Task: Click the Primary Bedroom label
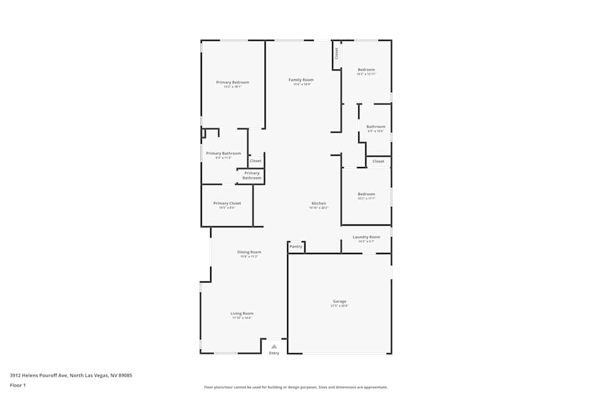(232, 82)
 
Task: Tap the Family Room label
(301, 80)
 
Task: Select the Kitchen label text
(318, 203)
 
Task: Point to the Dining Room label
(249, 252)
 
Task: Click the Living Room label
(242, 313)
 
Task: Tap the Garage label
(339, 301)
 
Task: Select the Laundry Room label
(366, 237)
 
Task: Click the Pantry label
(296, 246)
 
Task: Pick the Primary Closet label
(227, 203)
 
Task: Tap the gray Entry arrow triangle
(274, 346)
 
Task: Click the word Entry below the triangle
(274, 354)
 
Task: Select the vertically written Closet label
(336, 53)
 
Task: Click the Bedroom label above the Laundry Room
(366, 194)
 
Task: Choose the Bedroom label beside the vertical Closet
(366, 70)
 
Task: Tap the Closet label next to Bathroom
(378, 161)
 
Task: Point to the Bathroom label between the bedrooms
(375, 127)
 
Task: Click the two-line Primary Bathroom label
(252, 175)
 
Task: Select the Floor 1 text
(18, 385)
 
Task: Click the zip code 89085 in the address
(124, 375)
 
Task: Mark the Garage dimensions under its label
(339, 306)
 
